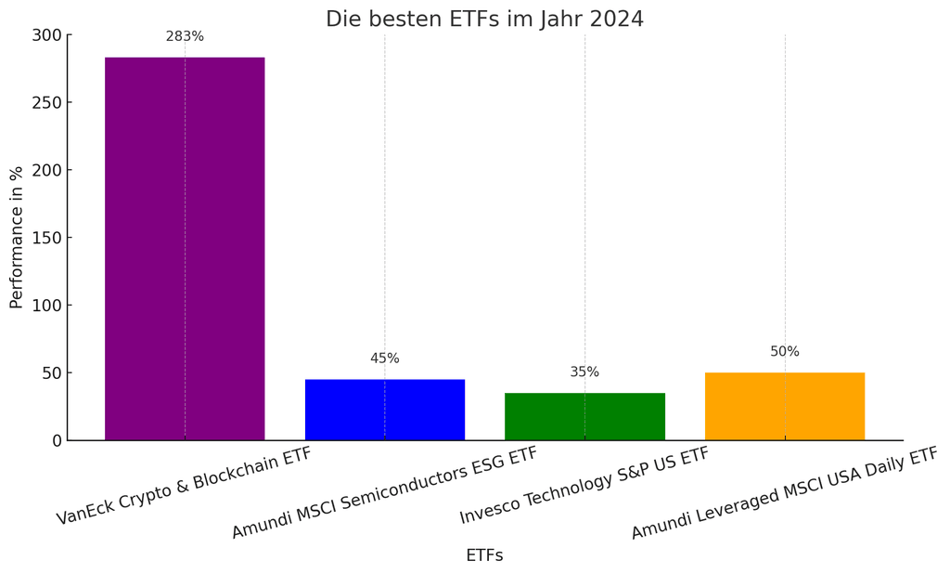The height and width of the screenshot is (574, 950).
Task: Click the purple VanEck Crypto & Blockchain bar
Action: (185, 249)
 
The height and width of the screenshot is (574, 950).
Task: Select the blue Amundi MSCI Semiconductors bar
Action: (385, 410)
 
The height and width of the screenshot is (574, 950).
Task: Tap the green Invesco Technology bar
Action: (584, 416)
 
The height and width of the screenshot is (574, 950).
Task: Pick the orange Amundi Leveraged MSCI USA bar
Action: (785, 406)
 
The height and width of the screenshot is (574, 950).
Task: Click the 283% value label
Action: (185, 37)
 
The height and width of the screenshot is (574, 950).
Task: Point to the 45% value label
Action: (385, 359)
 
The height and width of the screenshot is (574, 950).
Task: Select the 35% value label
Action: (584, 372)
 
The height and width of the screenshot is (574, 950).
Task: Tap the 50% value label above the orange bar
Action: (785, 352)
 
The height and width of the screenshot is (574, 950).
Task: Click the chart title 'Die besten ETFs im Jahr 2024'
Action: (484, 20)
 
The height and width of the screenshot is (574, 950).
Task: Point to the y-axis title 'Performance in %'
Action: (17, 238)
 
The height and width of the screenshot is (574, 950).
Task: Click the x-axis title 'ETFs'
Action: (484, 555)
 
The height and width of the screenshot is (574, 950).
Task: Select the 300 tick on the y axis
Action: (46, 35)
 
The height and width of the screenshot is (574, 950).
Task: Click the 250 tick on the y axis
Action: (46, 103)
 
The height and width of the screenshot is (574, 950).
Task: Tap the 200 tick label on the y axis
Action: (46, 171)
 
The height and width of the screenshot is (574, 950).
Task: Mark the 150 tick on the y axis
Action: (46, 238)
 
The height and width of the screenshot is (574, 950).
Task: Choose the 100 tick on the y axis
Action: (46, 306)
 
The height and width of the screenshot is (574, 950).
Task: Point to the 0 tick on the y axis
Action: (56, 440)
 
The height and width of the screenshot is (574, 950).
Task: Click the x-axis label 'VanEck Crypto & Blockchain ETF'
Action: (185, 486)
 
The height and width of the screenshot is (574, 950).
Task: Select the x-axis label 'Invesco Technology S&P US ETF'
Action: (584, 485)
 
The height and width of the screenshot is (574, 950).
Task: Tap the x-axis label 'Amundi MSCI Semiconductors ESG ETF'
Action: (384, 492)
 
